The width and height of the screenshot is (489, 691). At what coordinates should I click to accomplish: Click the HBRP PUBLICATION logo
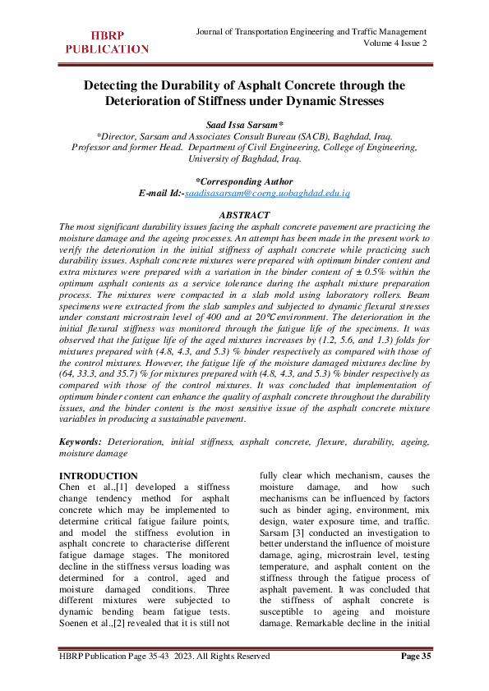107,42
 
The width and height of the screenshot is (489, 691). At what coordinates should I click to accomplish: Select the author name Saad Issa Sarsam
243,121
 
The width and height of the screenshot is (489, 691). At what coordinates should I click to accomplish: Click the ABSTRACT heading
244,215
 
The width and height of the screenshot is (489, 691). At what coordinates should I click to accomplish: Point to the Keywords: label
84,441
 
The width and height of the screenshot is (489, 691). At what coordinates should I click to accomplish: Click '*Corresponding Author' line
244,181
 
